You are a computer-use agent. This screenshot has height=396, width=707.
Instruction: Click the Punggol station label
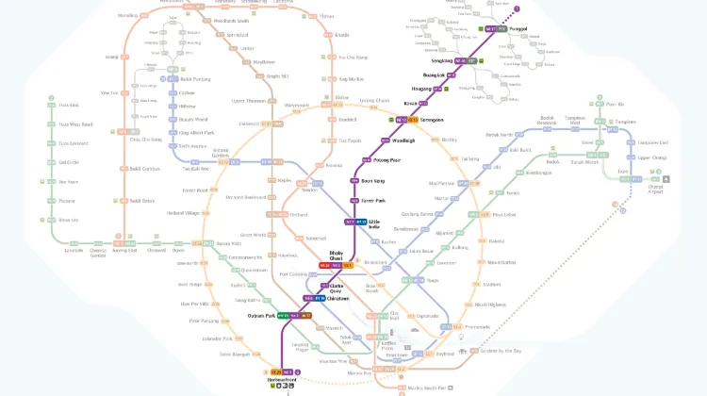pos(518,29)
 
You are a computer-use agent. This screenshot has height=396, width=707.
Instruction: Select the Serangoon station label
pos(432,121)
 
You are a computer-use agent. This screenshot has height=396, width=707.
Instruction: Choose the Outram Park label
pos(260,315)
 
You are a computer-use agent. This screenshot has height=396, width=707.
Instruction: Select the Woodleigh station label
pos(403,140)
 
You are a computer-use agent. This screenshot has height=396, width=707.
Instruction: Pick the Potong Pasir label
pos(387,160)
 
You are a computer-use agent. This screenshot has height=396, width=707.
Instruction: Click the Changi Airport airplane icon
pos(667,176)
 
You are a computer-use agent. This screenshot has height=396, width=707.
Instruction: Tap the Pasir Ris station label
pos(616,104)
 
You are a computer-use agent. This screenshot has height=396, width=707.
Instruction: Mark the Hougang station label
pos(419,89)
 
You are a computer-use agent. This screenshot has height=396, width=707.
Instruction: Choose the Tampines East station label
pos(626,142)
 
